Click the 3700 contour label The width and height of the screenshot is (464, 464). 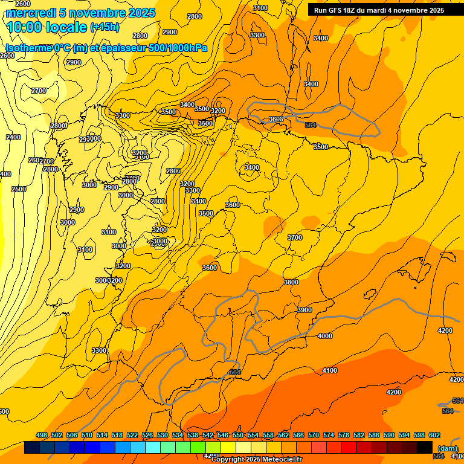point(295,237)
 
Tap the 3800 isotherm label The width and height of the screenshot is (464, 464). point(291,282)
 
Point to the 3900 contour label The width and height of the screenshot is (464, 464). point(305,310)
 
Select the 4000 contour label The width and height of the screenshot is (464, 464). point(325,336)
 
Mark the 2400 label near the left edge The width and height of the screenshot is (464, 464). point(13,137)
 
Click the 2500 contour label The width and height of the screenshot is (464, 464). point(19,189)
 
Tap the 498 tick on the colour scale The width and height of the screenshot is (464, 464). point(42,435)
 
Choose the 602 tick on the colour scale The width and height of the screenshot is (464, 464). point(434,435)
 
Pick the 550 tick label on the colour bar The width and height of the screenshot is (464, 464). point(237,435)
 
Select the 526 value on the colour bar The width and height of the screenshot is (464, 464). point(147,435)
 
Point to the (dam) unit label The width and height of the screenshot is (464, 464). point(447,448)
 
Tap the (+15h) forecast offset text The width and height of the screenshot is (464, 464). point(105,27)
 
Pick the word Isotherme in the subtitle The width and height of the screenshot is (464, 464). point(28,48)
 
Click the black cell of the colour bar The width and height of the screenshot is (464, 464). point(425,447)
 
